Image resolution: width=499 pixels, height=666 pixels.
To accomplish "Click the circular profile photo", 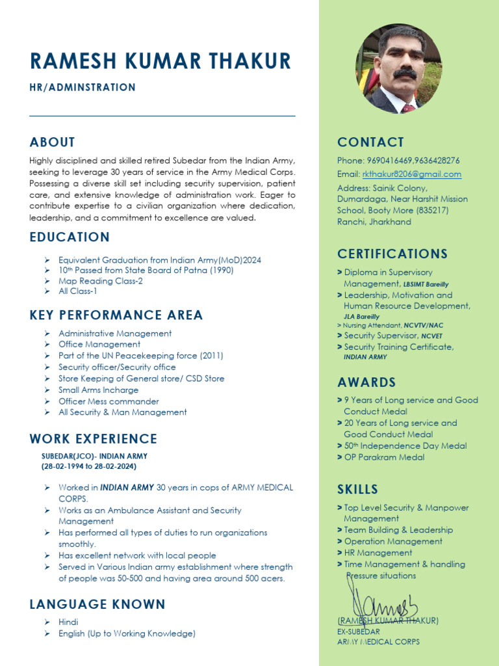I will tap(398, 70).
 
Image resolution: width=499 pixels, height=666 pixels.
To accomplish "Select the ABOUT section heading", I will tap(53, 142).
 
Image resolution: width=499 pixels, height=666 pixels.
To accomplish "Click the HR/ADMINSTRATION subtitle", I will tap(83, 87).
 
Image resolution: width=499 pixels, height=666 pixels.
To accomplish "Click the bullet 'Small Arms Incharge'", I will tap(98, 390).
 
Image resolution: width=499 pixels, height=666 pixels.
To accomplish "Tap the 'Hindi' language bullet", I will tap(68, 622).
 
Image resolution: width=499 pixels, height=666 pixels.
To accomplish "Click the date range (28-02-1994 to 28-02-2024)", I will tap(89, 466).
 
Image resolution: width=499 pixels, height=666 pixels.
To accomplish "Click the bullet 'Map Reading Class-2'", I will tap(101, 281).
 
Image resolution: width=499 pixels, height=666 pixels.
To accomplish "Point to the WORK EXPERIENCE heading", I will tap(94, 439).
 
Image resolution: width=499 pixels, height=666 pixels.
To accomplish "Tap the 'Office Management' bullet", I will tap(99, 344).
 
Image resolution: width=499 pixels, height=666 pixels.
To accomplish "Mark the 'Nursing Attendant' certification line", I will tap(381, 325).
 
